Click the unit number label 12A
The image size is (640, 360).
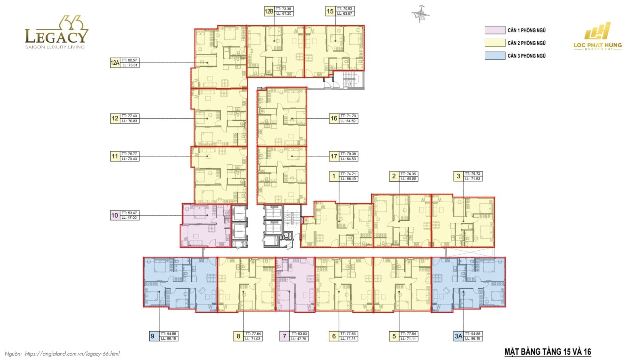115,63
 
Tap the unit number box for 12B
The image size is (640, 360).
269,11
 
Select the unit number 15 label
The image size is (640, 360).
330,11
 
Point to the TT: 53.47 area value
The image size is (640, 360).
129,213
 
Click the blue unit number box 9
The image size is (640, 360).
152,336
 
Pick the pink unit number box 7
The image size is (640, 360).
284,336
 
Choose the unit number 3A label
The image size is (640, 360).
458,336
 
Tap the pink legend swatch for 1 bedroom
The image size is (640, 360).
495,30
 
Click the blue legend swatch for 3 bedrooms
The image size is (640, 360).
495,56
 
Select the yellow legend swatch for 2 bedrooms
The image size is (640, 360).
495,43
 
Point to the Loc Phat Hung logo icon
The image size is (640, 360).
597,31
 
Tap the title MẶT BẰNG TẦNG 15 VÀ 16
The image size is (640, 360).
548,352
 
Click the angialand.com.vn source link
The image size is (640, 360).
72,354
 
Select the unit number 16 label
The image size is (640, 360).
334,118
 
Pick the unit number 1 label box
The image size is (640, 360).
334,176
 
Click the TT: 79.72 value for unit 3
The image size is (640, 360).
473,174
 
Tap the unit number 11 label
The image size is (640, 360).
115,156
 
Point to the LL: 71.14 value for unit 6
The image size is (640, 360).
348,339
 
